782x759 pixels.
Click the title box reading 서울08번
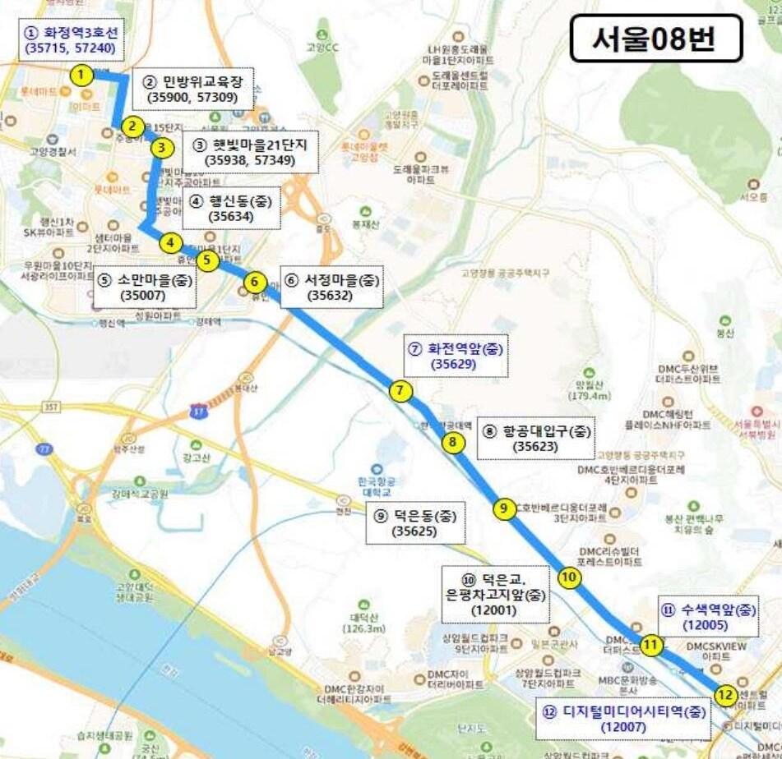coord(655,39)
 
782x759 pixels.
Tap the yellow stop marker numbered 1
coord(81,76)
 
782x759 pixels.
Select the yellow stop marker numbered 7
coord(400,391)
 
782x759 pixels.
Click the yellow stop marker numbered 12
coord(724,695)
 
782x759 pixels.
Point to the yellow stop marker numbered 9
coord(504,508)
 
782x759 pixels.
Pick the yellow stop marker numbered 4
coord(169,243)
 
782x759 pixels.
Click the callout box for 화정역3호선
coord(72,41)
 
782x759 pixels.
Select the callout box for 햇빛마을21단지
coord(250,152)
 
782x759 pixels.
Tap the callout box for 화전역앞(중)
coord(455,356)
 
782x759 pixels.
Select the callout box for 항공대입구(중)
coord(534,438)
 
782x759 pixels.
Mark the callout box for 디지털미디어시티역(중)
coord(623,719)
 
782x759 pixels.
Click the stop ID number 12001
coord(494,610)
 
